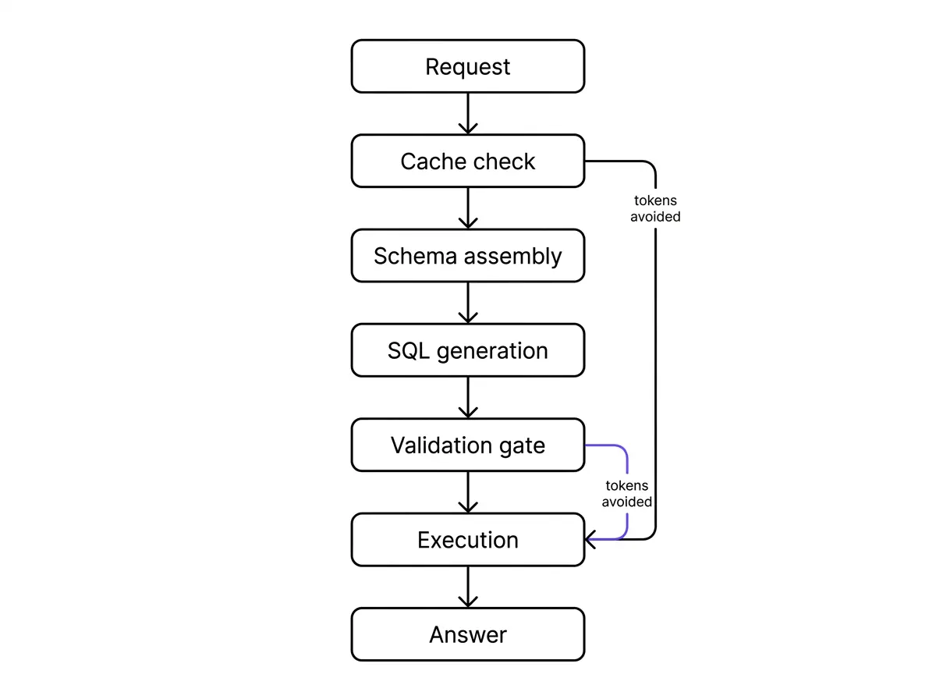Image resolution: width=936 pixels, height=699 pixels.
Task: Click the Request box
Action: point(467,66)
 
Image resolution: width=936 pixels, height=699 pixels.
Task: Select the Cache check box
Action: point(467,161)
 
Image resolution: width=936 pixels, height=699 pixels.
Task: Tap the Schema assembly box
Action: point(467,255)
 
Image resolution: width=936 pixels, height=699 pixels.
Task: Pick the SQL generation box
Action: point(467,350)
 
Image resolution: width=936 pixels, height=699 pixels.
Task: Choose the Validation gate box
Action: point(467,445)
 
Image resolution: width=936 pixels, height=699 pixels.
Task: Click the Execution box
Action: point(467,540)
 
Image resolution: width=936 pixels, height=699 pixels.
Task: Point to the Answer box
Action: point(467,634)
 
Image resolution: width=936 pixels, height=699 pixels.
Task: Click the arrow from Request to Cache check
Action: point(468,113)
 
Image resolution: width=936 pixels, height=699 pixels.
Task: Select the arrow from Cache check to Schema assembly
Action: point(468,208)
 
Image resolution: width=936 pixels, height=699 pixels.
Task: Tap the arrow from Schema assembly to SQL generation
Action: point(468,303)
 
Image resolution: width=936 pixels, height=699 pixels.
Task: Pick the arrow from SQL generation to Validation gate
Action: point(468,398)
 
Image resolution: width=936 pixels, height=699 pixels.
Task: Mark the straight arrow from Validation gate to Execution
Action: point(468,492)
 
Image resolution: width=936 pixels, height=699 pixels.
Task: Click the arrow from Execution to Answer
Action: point(468,587)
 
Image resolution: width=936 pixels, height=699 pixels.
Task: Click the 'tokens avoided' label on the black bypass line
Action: point(655,208)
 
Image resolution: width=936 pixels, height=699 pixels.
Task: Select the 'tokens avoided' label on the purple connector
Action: point(626,493)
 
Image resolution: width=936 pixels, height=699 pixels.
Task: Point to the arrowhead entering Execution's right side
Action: point(588,540)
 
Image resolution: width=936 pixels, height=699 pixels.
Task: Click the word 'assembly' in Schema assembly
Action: point(512,257)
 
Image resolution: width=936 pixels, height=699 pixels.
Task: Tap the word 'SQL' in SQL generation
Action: point(408,350)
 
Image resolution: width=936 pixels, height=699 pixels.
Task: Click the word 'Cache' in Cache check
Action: point(431,161)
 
